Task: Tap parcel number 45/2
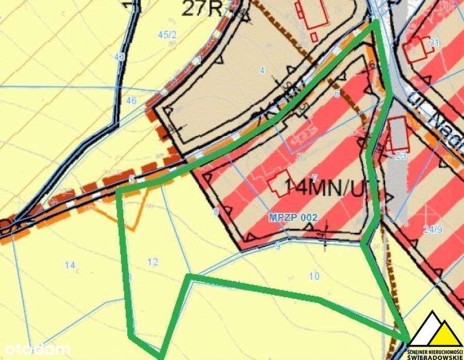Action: point(168,35)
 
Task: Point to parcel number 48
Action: point(120,59)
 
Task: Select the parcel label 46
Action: point(131,101)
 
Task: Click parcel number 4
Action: point(262,71)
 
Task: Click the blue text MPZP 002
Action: point(293,218)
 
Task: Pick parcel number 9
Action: point(278,246)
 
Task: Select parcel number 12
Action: point(153,262)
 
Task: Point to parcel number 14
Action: point(70,265)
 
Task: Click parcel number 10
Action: point(314,277)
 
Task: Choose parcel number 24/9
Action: point(432,230)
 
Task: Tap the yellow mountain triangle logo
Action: point(435,329)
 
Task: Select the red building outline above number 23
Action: point(399,133)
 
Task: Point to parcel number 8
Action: point(216,211)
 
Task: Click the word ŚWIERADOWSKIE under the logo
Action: point(434,355)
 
